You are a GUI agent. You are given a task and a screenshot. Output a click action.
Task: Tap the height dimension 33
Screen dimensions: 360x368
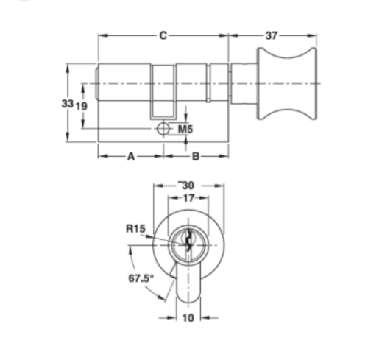(67, 105)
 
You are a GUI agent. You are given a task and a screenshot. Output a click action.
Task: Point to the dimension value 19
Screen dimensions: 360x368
(82, 105)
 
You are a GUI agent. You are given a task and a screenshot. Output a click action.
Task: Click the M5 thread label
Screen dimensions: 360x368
(186, 130)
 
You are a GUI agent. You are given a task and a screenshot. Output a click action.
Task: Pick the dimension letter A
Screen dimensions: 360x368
(131, 156)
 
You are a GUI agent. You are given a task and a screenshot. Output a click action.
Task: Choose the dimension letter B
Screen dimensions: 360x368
(196, 156)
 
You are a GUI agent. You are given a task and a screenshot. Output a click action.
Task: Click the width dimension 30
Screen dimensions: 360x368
(187, 186)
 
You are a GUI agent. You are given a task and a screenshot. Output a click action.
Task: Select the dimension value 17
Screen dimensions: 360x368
(188, 198)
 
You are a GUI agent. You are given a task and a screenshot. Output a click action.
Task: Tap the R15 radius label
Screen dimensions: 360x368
(135, 230)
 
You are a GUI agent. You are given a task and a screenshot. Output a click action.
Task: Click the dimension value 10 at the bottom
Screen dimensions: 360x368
(188, 318)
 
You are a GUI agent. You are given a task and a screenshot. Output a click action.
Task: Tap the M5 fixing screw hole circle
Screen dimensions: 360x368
(163, 130)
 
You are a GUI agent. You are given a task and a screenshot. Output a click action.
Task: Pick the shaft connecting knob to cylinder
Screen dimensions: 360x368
(243, 82)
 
